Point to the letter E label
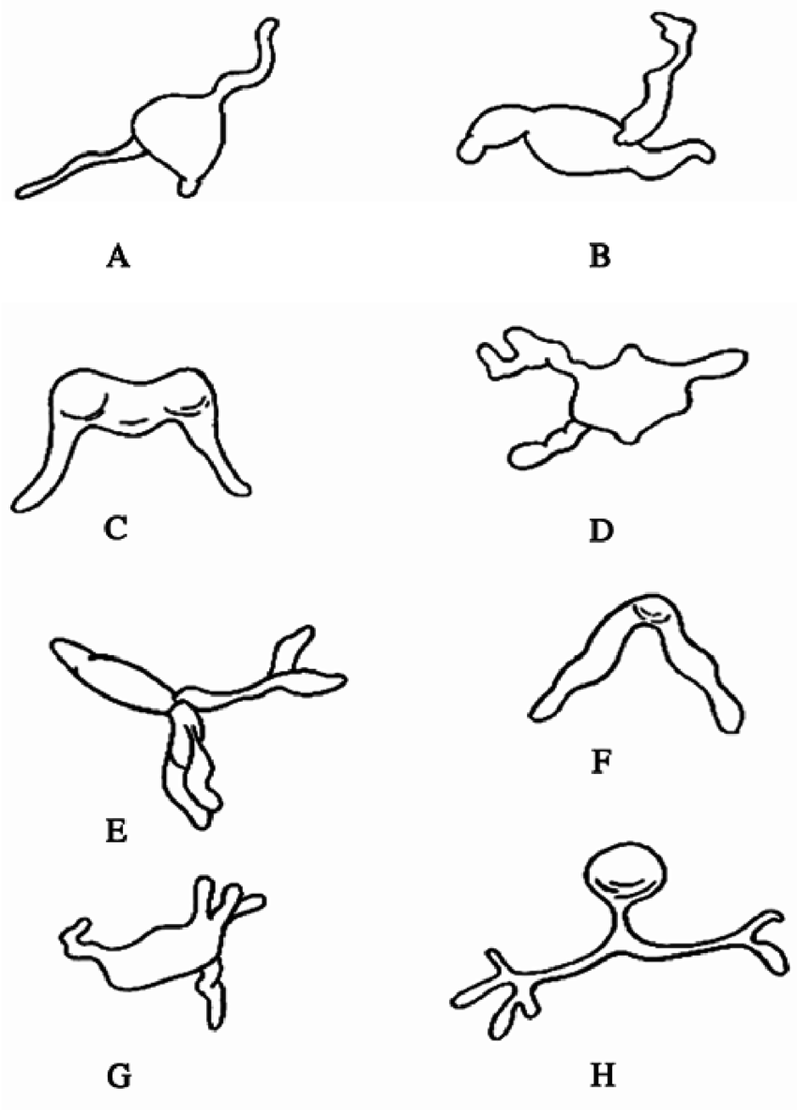(116, 830)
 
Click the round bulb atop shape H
(628, 873)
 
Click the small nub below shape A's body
(191, 184)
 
